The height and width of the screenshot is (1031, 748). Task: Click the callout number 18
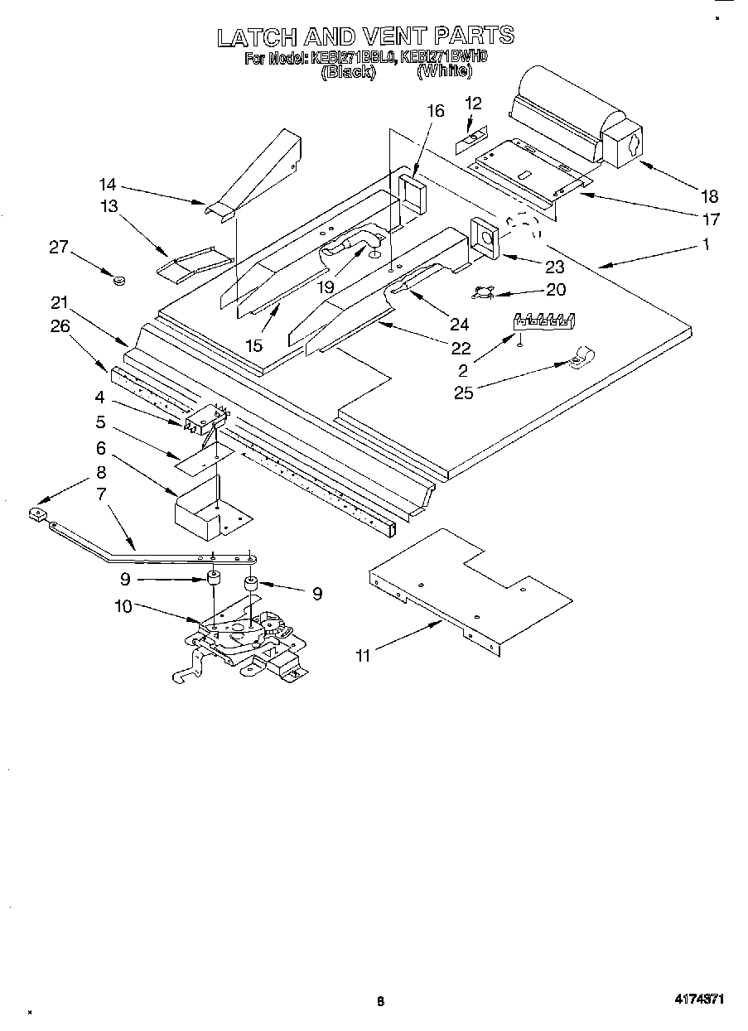point(709,196)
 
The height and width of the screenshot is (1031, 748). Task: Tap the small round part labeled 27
point(118,282)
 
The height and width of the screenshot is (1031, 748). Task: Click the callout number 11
point(363,656)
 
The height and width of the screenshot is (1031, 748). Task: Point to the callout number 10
point(123,606)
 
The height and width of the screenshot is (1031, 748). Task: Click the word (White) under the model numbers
point(445,72)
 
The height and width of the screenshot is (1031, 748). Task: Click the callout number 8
point(101,473)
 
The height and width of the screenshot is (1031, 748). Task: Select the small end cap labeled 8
point(36,514)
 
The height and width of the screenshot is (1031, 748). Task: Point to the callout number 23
point(554,267)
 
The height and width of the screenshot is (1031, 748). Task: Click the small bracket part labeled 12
point(470,142)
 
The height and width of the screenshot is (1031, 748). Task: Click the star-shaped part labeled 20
point(485,291)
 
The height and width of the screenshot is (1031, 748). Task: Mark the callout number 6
point(101,447)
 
